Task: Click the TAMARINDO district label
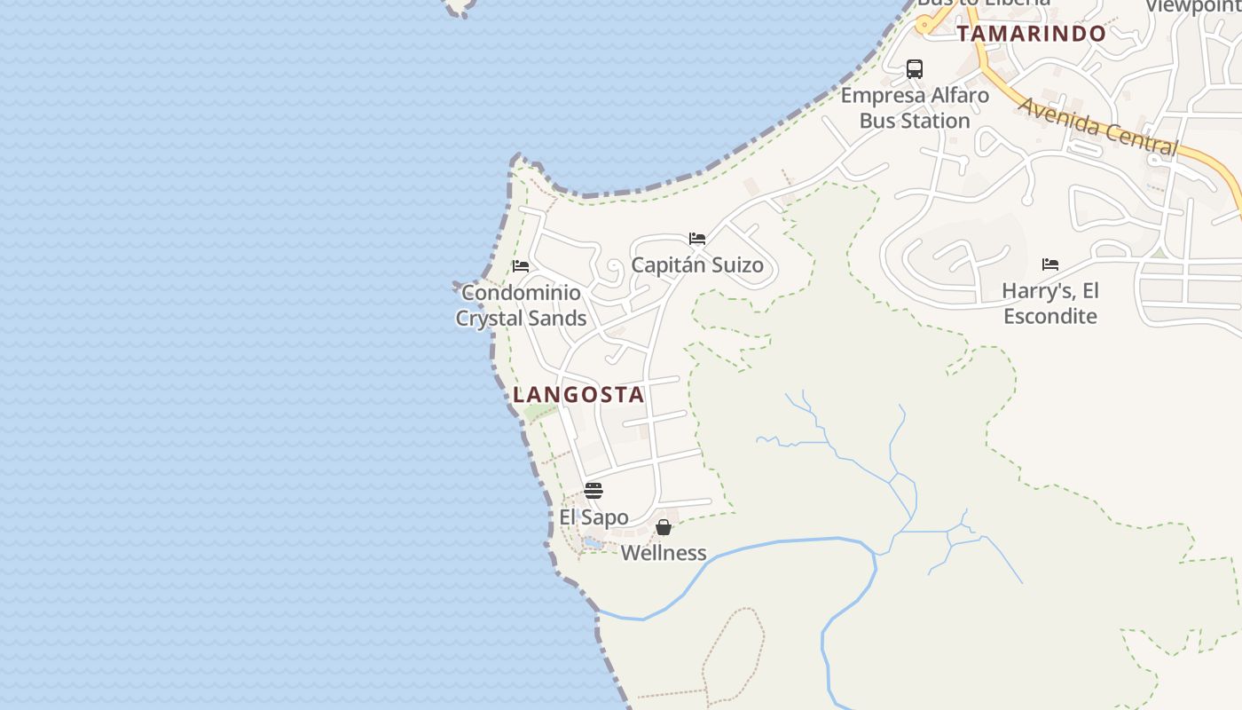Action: click(x=1031, y=34)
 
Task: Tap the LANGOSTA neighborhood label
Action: click(x=578, y=395)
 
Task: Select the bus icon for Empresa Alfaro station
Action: click(x=915, y=69)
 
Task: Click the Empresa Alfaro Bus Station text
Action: click(x=915, y=107)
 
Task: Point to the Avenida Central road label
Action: click(x=1097, y=127)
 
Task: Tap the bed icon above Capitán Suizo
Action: click(x=697, y=239)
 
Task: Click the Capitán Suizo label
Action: click(x=697, y=264)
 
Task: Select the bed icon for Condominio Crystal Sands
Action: click(x=521, y=266)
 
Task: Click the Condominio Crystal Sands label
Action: click(x=521, y=305)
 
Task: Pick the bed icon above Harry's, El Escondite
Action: click(x=1050, y=264)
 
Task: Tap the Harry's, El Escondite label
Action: click(x=1050, y=304)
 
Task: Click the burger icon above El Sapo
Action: click(x=593, y=491)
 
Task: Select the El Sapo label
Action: click(x=593, y=517)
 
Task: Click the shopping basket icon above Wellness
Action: click(x=663, y=527)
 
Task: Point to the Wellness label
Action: click(x=664, y=553)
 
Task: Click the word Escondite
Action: click(x=1050, y=316)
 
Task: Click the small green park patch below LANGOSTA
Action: click(x=540, y=413)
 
